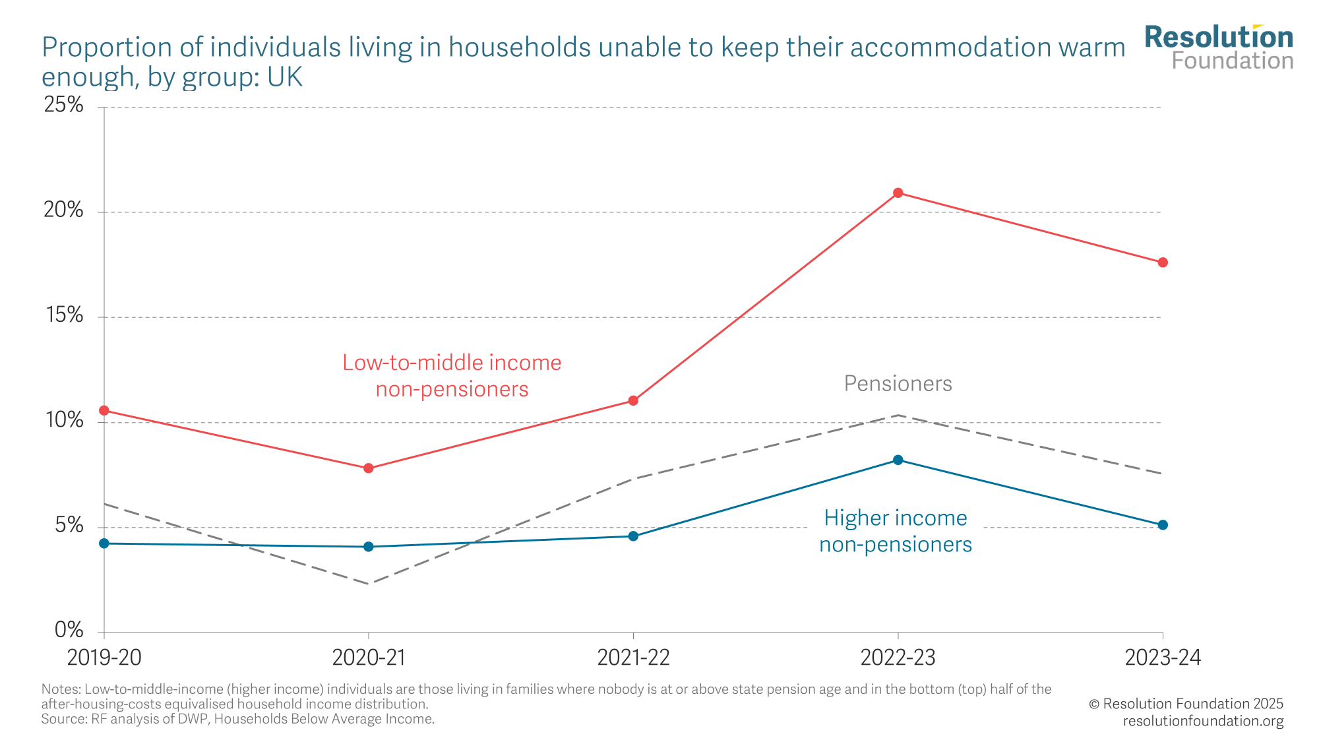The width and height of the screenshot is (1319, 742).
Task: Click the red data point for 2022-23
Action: click(x=898, y=193)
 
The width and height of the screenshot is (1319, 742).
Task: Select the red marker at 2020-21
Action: click(x=369, y=468)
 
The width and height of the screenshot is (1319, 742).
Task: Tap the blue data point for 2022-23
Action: click(x=898, y=460)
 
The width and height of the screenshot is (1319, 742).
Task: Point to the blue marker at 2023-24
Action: click(x=1163, y=525)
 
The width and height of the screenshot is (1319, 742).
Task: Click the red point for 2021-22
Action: click(x=633, y=400)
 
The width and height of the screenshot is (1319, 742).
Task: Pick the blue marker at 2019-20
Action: click(x=104, y=543)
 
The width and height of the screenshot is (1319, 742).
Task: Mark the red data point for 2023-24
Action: click(x=1163, y=263)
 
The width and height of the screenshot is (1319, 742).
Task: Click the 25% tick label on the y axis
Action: click(x=64, y=105)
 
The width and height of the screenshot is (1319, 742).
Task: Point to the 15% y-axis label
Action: click(x=64, y=315)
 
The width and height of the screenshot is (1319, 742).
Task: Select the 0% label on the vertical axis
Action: click(x=69, y=631)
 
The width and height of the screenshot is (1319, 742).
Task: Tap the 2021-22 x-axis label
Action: click(x=633, y=658)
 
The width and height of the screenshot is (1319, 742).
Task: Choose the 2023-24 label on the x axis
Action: click(x=1163, y=658)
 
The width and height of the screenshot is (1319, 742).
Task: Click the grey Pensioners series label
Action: click(x=898, y=384)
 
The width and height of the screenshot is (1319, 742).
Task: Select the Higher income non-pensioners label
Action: click(x=896, y=531)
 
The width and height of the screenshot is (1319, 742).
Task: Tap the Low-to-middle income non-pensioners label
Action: click(x=452, y=376)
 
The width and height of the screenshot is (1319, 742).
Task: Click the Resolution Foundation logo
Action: click(x=1219, y=47)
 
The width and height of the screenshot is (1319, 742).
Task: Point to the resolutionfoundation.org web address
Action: click(x=1203, y=721)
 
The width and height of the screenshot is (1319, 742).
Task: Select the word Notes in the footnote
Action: click(x=60, y=689)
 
